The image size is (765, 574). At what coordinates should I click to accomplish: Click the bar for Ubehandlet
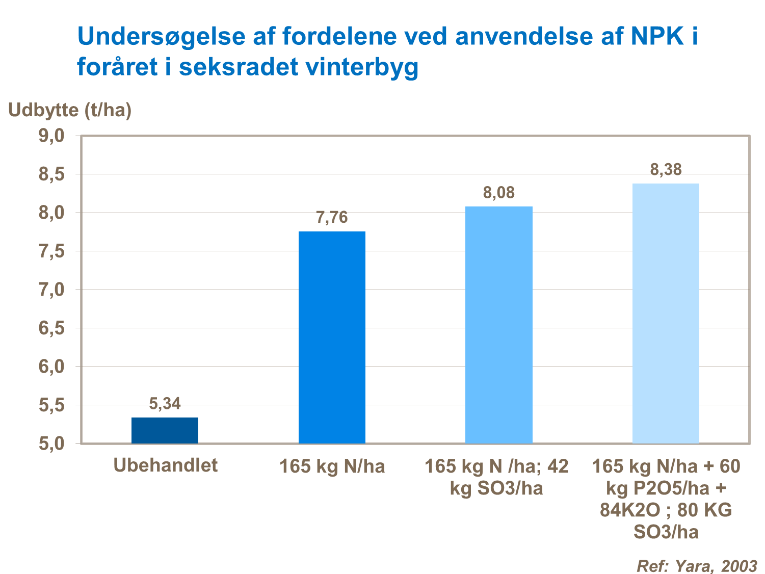click(x=165, y=430)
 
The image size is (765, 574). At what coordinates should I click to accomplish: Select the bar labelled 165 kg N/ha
click(x=332, y=337)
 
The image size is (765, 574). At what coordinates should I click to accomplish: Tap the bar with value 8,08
click(x=499, y=325)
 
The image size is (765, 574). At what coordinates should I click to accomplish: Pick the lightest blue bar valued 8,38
click(x=666, y=313)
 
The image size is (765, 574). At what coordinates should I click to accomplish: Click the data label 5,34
click(x=165, y=404)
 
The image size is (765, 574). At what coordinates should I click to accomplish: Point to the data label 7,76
click(x=332, y=218)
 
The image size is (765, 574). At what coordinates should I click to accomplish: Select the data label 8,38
click(x=666, y=170)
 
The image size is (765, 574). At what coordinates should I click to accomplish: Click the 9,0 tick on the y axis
click(x=51, y=136)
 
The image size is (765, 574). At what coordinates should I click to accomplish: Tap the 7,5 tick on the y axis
click(x=51, y=251)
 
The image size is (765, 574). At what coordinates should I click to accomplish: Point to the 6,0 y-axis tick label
click(x=51, y=367)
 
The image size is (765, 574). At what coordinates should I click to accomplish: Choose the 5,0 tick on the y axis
click(x=51, y=443)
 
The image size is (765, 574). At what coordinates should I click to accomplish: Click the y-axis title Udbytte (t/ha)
click(x=70, y=110)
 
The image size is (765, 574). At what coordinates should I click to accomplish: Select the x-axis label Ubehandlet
click(x=165, y=465)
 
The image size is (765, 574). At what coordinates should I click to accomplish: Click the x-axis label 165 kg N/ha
click(x=332, y=466)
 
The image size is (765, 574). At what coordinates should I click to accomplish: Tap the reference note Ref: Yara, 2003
click(x=697, y=565)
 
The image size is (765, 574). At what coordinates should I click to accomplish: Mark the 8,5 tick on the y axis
click(x=51, y=174)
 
